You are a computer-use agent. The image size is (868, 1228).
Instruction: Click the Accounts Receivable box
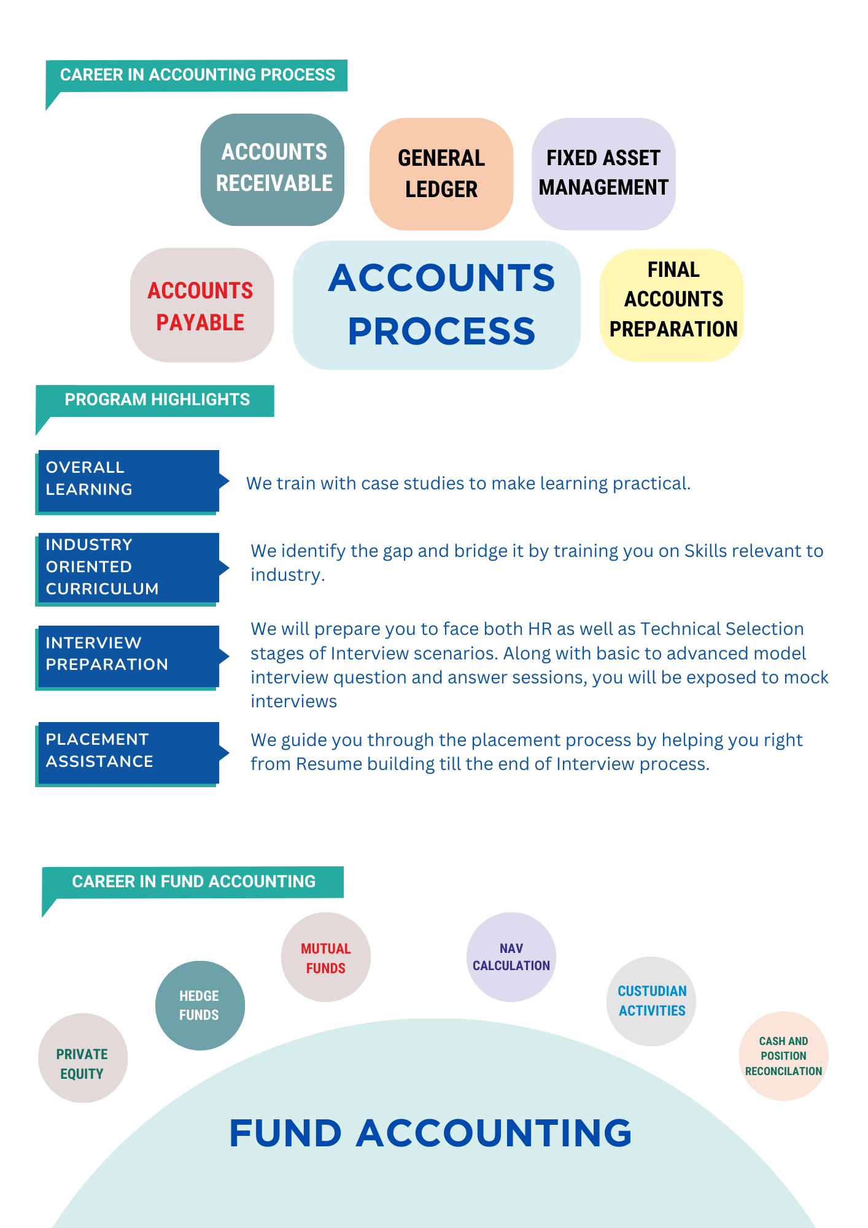[x=273, y=169]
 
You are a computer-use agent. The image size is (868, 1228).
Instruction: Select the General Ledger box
[x=441, y=174]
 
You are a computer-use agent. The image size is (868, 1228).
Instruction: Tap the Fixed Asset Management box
[x=603, y=173]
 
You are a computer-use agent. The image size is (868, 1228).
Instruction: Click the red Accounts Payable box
[x=201, y=305]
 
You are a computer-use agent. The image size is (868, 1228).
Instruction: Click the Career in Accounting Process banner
[x=197, y=75]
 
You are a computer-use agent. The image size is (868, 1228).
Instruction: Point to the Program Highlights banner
[x=157, y=400]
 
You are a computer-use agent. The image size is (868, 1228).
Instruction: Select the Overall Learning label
[x=128, y=480]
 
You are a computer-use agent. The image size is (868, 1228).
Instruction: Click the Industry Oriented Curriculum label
[x=128, y=567]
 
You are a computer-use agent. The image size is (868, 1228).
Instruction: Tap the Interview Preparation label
[x=128, y=655]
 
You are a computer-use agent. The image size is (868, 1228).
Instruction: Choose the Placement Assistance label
[x=128, y=751]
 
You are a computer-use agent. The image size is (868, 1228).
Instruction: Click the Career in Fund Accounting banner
[x=193, y=882]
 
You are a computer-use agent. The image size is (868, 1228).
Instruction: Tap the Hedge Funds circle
[x=200, y=1005]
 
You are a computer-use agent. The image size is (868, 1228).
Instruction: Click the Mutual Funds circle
[x=326, y=958]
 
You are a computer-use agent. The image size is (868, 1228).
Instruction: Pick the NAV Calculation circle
[x=511, y=957]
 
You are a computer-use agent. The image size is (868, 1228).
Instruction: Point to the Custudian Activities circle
[x=651, y=1001]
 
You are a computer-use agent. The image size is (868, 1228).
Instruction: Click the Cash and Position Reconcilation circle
[x=783, y=1056]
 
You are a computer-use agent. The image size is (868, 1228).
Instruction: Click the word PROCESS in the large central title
[x=441, y=332]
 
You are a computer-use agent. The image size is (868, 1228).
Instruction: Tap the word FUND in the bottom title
[x=285, y=1133]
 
